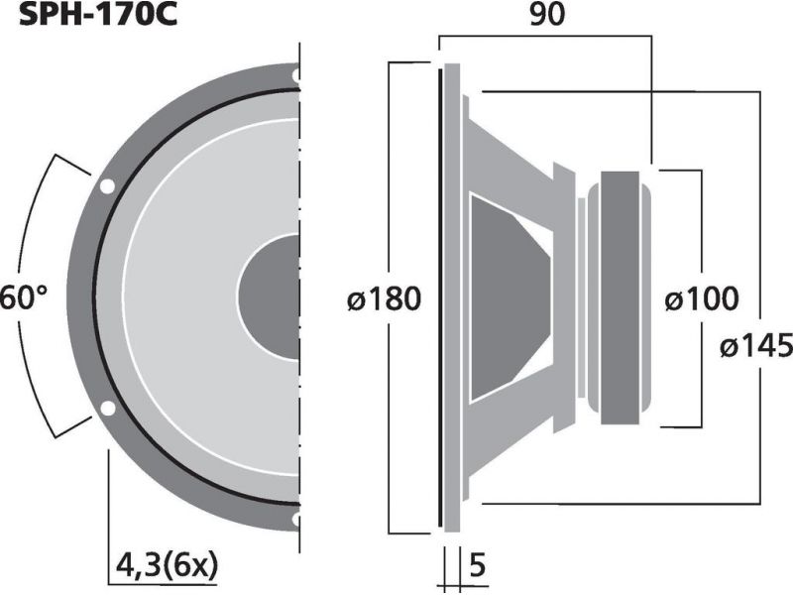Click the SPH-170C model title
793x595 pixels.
[97, 14]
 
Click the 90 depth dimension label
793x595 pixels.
[547, 15]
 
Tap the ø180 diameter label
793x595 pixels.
[385, 298]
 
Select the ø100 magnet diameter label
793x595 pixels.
[702, 298]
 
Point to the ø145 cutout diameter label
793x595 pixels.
[756, 346]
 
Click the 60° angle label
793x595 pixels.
[23, 297]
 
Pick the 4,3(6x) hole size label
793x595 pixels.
[167, 565]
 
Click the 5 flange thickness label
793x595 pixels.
[478, 565]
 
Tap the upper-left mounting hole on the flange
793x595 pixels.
[107, 187]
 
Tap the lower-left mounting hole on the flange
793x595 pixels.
[107, 408]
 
